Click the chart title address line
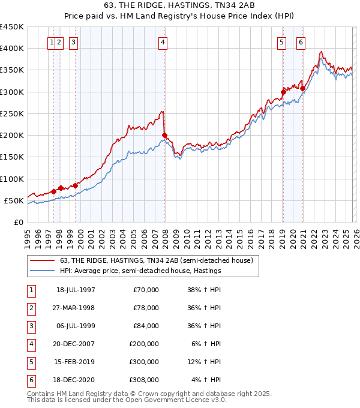[179, 6]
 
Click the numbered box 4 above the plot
[163, 42]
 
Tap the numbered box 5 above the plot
[281, 42]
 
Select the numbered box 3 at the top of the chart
[73, 42]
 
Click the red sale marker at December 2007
[164, 135]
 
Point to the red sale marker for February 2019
[283, 92]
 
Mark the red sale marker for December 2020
[303, 88]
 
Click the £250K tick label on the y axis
[11, 113]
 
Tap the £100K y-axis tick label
[11, 179]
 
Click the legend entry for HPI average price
[140, 271]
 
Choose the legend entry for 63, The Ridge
[157, 260]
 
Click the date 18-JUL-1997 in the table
[75, 290]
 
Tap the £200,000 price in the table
[144, 344]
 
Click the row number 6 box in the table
[31, 380]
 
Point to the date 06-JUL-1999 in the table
[75, 326]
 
